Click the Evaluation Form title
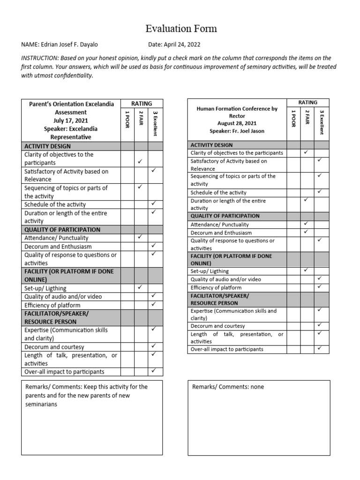click(181, 29)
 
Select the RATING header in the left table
click(142, 103)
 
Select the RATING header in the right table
click(307, 102)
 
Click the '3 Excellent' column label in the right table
click(322, 121)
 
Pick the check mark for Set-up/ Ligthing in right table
click(306, 270)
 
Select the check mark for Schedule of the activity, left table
click(153, 204)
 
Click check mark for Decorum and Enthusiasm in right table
click(306, 232)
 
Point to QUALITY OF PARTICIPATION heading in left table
click(62, 230)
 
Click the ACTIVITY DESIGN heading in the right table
click(211, 145)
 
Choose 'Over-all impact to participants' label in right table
click(227, 349)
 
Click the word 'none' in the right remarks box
click(256, 387)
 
